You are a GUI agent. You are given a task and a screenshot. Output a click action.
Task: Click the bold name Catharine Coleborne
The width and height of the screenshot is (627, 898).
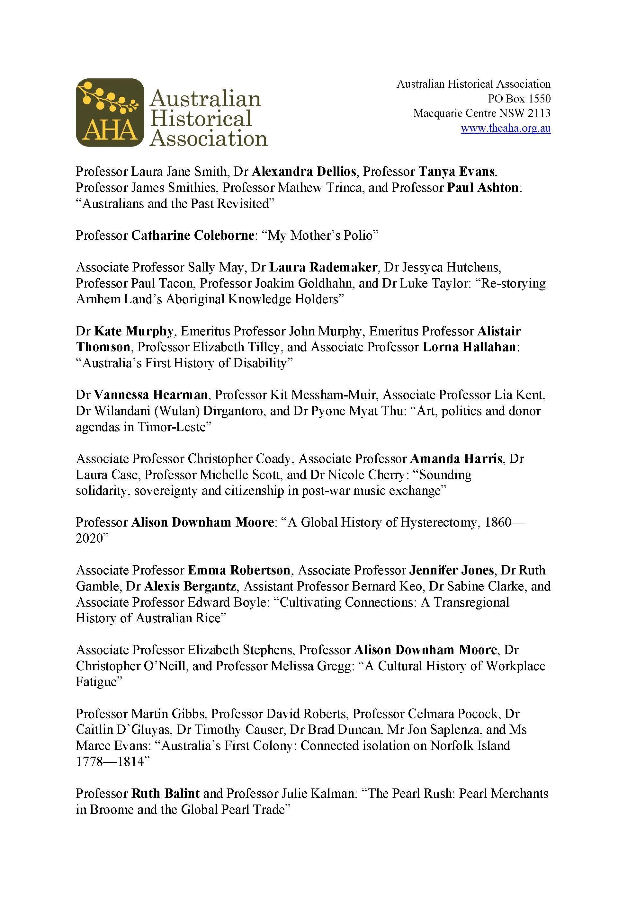[x=193, y=236]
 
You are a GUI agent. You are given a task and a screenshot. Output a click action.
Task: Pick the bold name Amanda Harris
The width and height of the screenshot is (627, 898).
[x=456, y=458]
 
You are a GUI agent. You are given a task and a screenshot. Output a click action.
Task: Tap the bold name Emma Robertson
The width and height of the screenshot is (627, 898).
[x=239, y=570]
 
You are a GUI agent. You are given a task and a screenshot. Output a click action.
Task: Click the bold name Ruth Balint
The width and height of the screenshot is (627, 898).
[x=166, y=794]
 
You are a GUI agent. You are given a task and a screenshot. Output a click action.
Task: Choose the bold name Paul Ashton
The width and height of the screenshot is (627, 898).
[x=483, y=188]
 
